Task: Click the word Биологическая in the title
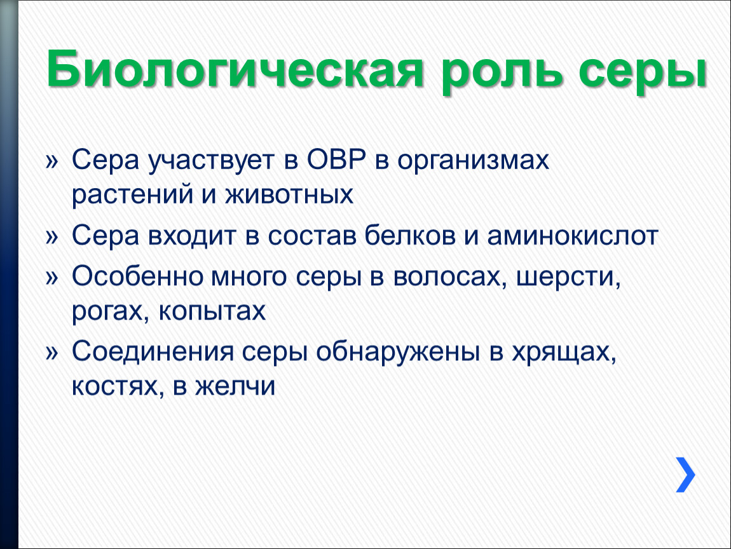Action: click(235, 71)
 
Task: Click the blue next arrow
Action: click(685, 475)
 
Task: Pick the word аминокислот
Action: click(573, 236)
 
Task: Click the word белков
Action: click(409, 236)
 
